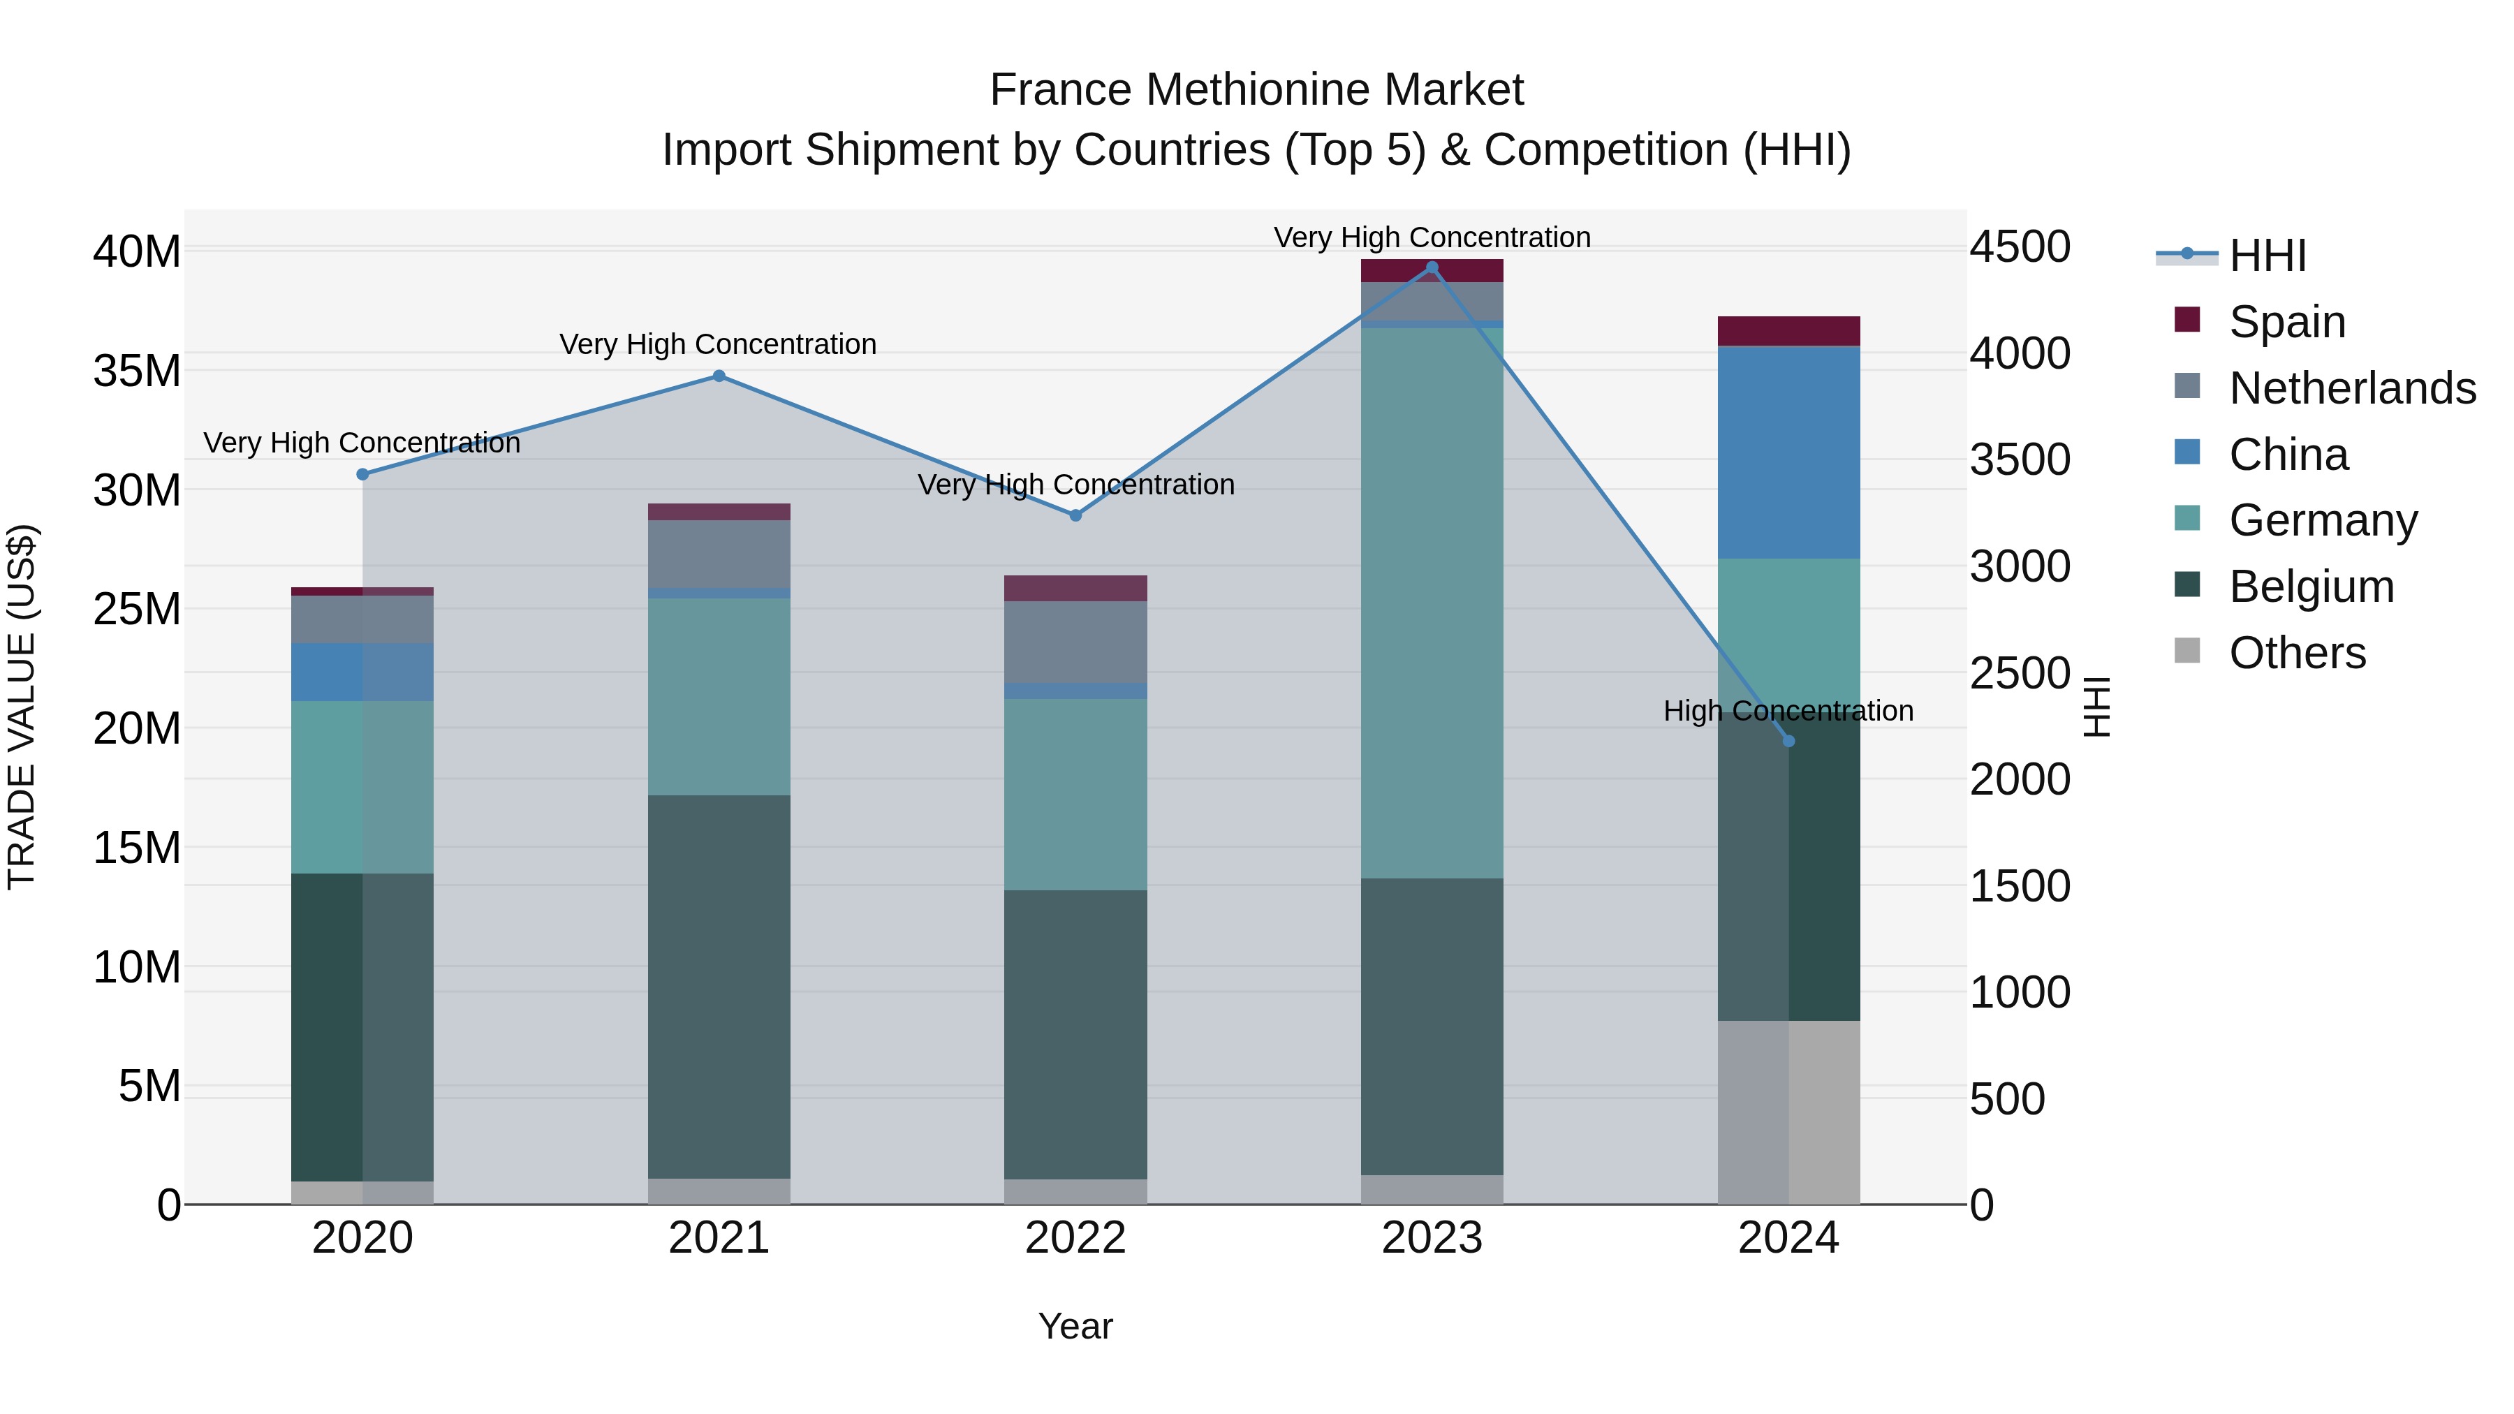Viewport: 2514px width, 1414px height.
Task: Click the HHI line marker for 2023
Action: pos(1432,267)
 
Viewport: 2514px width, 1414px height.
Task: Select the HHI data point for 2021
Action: pos(719,376)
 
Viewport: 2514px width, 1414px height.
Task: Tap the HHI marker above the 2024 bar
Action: pos(1788,741)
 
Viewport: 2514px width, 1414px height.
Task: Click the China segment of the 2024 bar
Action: pos(1788,452)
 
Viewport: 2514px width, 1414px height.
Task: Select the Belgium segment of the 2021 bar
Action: pos(719,985)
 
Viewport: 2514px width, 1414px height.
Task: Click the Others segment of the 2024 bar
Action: pos(1788,1112)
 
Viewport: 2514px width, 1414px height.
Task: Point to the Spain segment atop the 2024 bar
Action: pos(1788,331)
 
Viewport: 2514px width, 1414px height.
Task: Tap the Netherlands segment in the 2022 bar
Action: pos(1075,642)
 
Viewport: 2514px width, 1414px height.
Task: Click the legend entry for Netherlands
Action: pos(2351,388)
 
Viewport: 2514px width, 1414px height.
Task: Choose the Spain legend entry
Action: pos(2286,322)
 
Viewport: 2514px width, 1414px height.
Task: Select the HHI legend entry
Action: pos(2267,256)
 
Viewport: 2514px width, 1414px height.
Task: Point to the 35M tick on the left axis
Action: pos(137,371)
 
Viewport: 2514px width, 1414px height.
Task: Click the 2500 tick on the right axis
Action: pos(2019,672)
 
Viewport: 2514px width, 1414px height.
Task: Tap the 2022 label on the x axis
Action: pos(1075,1238)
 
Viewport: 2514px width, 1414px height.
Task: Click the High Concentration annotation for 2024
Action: pos(1788,710)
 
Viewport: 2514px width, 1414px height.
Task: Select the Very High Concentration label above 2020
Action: pos(362,443)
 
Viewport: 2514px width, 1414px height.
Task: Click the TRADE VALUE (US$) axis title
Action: pos(22,707)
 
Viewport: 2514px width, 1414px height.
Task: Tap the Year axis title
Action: pos(1075,1326)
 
